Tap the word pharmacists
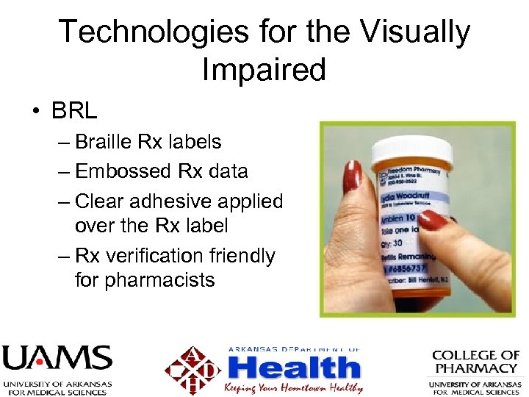145,280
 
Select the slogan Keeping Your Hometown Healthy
294,387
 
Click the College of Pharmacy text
475,362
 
